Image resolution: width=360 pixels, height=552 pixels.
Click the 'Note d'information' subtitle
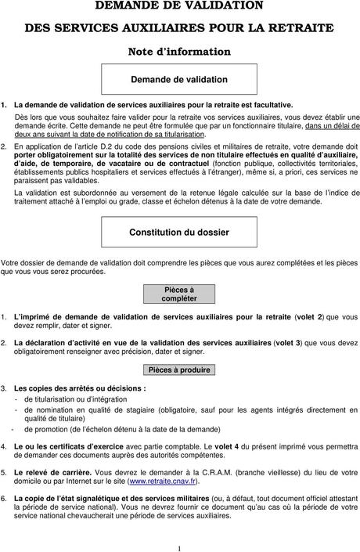tap(179, 52)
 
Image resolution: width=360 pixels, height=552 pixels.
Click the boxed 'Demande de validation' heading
tap(179, 79)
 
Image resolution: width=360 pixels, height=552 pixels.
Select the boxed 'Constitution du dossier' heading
tap(179, 233)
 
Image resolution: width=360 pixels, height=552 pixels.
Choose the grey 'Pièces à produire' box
tap(179, 370)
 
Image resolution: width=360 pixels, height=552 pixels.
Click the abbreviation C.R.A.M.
tap(193, 474)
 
